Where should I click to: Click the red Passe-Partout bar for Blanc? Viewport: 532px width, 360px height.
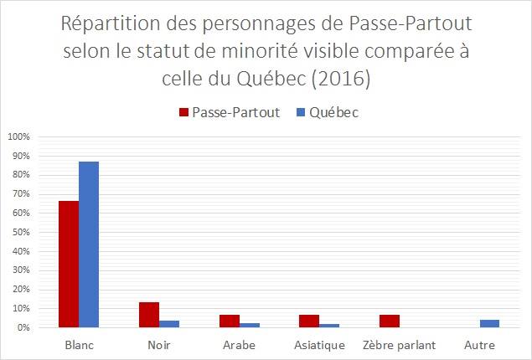pyautogui.click(x=69, y=264)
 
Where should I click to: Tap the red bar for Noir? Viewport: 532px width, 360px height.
pyautogui.click(x=149, y=315)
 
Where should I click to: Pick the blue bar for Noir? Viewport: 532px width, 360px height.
pyautogui.click(x=169, y=324)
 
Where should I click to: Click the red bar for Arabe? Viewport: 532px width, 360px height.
pyautogui.click(x=230, y=321)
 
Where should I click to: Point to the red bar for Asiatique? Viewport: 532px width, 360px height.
pyautogui.click(x=309, y=321)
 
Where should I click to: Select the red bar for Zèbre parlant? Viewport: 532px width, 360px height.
pyautogui.click(x=390, y=321)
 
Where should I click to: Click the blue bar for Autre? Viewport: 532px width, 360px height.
pyautogui.click(x=490, y=323)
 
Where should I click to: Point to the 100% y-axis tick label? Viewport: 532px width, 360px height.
pyautogui.click(x=19, y=136)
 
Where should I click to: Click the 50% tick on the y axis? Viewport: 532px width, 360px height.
pyautogui.click(x=21, y=232)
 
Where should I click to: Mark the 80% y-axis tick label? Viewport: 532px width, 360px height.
pyautogui.click(x=21, y=175)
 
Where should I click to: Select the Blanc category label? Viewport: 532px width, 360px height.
pyautogui.click(x=79, y=345)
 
